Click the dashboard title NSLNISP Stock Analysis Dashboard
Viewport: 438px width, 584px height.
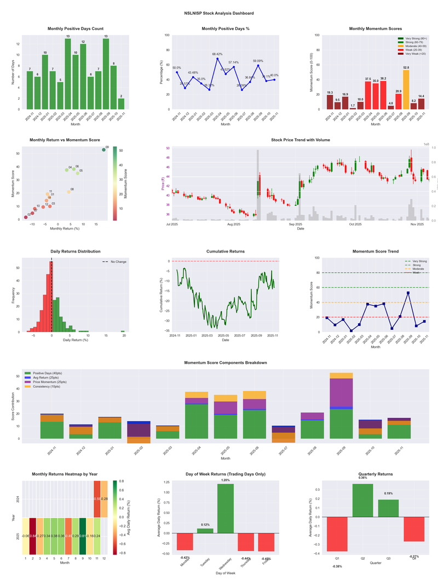(219, 13)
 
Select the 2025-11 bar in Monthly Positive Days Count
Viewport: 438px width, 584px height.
(121, 104)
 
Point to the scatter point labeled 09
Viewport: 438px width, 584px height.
(103, 150)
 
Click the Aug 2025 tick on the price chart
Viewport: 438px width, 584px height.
(234, 224)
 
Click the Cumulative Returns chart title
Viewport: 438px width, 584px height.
(226, 251)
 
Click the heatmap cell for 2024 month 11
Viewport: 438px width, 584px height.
(97, 499)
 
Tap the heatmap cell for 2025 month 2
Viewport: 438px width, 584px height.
(33, 536)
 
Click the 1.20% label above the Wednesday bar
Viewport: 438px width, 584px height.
(226, 480)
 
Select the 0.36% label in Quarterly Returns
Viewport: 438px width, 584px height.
(362, 478)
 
